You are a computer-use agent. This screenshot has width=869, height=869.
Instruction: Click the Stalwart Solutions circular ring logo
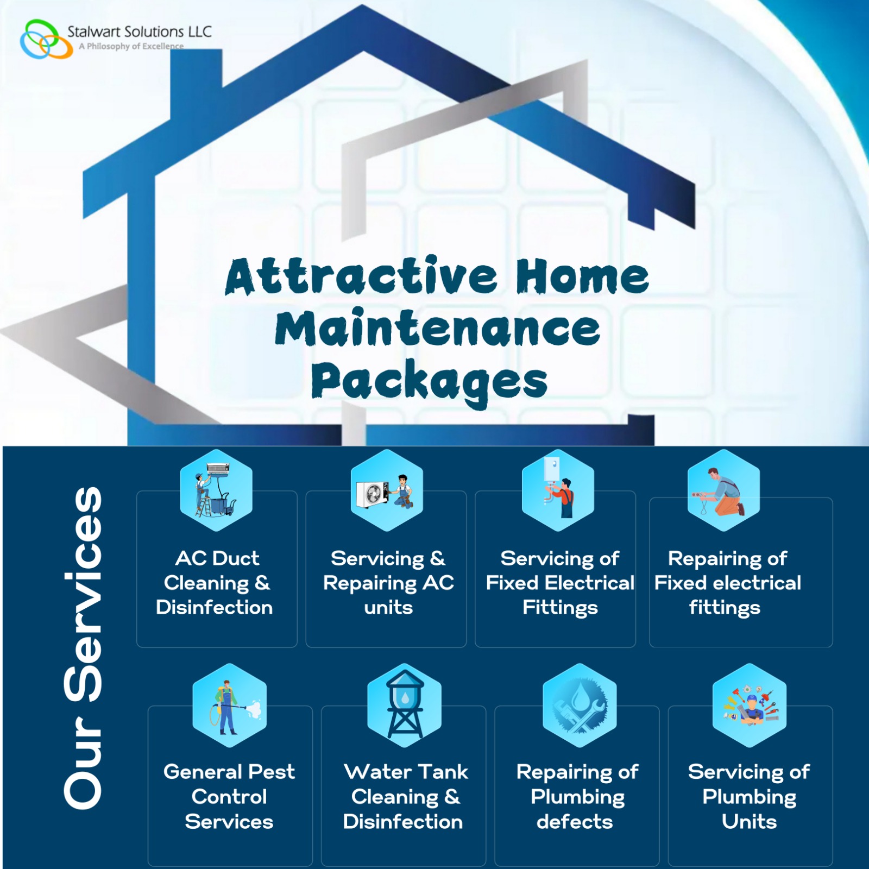[46, 39]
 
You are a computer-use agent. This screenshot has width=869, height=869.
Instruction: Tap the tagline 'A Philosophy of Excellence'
[131, 47]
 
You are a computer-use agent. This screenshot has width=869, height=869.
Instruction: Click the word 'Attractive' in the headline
[361, 276]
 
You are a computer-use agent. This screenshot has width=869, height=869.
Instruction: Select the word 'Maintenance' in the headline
[437, 328]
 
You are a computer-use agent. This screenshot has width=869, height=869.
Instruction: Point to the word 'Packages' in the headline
[429, 381]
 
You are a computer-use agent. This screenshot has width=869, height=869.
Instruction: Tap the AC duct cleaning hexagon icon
[216, 490]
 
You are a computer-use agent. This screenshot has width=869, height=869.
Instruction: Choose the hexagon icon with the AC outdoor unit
[387, 490]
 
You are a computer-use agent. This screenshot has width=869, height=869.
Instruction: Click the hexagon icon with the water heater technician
[558, 490]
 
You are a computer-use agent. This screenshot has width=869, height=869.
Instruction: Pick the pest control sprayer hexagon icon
[229, 705]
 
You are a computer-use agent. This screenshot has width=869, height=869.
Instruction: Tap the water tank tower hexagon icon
[404, 705]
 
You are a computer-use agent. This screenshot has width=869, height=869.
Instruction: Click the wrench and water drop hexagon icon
[580, 705]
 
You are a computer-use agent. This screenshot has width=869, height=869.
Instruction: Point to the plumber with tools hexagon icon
[750, 705]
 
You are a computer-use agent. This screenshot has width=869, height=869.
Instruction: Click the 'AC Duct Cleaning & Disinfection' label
[215, 583]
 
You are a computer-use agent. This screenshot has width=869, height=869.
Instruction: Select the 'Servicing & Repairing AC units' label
[388, 583]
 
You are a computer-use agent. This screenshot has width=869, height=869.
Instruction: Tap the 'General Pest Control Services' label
[229, 796]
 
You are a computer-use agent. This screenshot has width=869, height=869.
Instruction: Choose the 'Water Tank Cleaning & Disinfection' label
[404, 796]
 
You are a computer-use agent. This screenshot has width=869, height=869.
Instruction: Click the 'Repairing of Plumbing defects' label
[577, 796]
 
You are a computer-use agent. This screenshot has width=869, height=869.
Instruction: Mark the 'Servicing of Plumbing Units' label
[749, 796]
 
